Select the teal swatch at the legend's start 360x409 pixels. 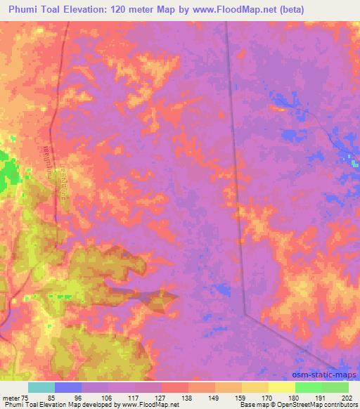pyautogui.click(x=41, y=387)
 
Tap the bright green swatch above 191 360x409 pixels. pyautogui.click(x=309, y=387)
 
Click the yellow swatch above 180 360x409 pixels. pyautogui.click(x=282, y=387)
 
